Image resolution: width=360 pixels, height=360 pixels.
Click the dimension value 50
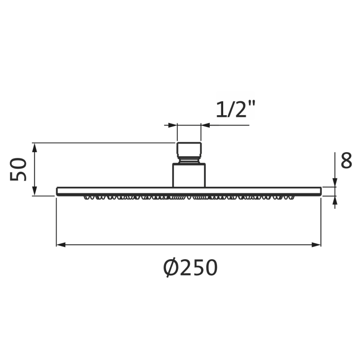19,169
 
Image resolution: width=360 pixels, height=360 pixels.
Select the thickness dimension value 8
346,160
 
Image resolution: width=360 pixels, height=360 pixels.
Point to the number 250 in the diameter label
198,268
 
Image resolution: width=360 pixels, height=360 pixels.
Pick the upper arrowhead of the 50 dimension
35,148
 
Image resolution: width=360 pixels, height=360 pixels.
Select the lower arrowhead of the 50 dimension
35,191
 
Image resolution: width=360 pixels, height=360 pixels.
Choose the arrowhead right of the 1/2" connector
206,125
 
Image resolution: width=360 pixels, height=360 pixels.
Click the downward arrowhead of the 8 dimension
335,183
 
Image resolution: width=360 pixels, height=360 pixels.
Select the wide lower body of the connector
189,175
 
